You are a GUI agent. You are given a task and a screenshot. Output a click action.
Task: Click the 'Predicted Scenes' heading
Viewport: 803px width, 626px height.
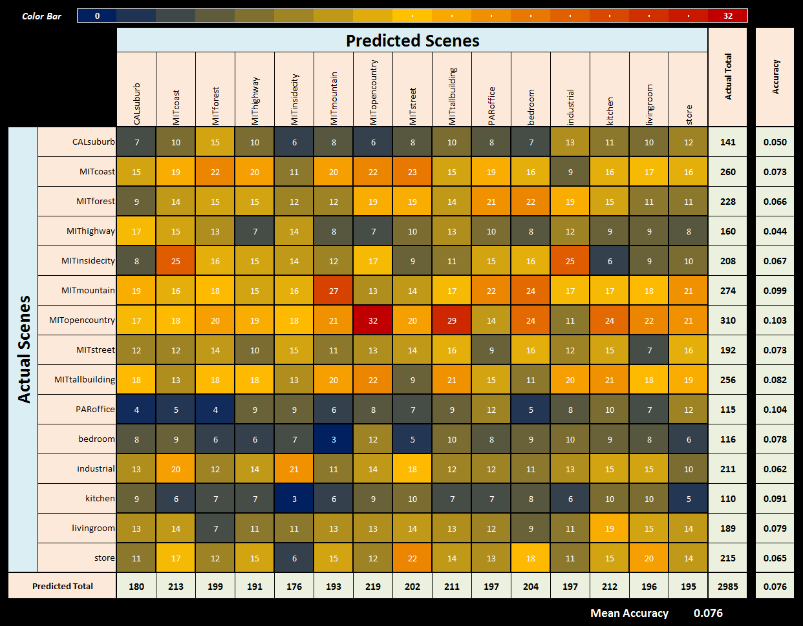412,41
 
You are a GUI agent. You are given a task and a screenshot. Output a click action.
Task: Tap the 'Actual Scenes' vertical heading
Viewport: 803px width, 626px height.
24,350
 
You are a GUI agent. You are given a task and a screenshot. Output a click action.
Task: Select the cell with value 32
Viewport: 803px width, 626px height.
373,320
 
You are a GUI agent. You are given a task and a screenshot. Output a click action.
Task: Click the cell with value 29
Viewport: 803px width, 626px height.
452,320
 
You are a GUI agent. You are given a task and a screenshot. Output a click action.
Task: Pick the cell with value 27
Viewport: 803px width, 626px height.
334,291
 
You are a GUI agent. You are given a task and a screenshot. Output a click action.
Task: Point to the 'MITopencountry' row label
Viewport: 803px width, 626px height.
82,320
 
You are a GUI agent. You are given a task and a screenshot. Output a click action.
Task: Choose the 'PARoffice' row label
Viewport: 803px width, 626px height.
94,410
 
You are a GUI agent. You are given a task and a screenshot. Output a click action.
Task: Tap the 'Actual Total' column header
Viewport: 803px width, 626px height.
728,77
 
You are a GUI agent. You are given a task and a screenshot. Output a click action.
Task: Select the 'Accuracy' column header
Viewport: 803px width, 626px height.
775,77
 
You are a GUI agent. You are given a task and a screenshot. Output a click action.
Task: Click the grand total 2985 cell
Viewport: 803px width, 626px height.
728,587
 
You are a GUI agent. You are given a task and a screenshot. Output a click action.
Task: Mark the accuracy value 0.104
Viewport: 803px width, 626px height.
775,410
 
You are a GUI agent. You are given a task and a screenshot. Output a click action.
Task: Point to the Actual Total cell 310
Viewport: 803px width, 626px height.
728,320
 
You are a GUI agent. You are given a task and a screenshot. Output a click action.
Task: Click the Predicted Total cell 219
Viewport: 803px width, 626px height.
373,587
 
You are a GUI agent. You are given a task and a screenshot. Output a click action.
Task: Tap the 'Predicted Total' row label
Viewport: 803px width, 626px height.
63,587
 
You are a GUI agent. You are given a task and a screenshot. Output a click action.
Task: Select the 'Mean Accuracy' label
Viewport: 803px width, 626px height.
629,613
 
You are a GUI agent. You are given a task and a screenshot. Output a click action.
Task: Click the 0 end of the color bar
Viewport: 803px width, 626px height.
97,16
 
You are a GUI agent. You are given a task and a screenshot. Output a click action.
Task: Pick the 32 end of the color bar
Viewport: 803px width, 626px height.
727,16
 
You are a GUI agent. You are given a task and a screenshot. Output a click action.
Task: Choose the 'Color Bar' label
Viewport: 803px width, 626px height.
41,16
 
